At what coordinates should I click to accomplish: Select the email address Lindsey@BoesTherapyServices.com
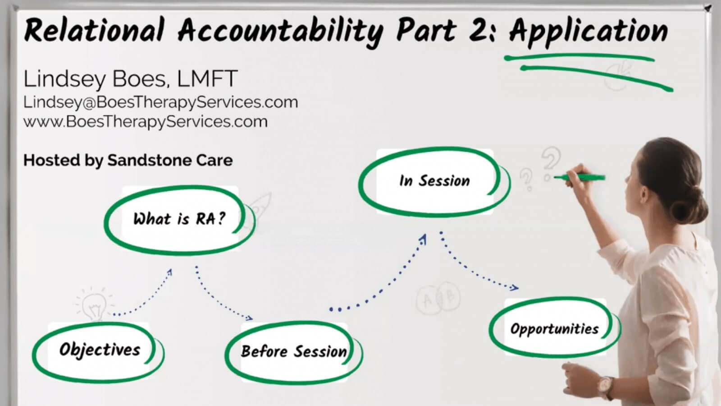[160, 102]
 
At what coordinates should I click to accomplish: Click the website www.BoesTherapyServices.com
[145, 122]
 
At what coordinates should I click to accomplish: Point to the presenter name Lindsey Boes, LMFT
[130, 79]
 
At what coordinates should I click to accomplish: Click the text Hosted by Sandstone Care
[128, 160]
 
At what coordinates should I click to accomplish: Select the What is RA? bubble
[179, 219]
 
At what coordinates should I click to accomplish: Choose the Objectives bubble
[99, 350]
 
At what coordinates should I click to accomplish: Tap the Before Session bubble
[293, 351]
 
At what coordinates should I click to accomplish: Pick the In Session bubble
[434, 181]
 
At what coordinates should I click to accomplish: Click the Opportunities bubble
[554, 328]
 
